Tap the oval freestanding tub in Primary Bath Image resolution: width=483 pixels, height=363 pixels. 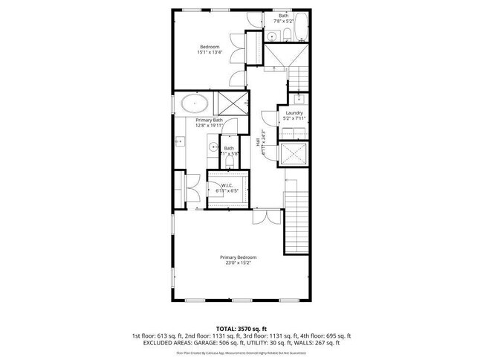point(195,103)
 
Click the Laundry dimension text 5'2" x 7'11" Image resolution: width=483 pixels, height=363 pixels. point(294,118)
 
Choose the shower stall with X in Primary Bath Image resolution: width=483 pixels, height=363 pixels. point(230,103)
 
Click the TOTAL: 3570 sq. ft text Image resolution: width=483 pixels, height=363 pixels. point(241,327)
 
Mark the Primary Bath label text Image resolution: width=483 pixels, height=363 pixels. point(210,120)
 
